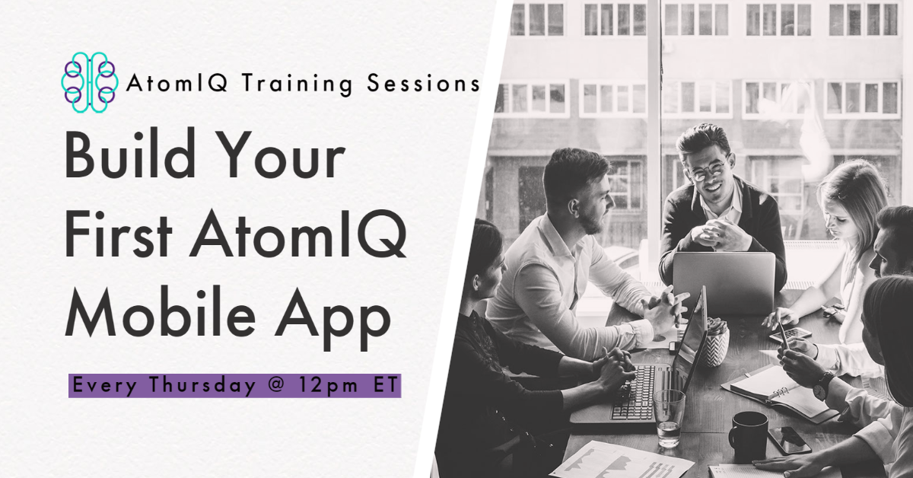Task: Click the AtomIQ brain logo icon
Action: pos(90,82)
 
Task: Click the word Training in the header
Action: pos(297,84)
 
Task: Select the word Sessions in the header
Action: pos(423,83)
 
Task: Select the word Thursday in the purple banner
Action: pos(197,386)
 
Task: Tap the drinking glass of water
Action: pos(669,418)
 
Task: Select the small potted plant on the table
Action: pos(717,342)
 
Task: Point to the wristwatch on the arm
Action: pos(823,385)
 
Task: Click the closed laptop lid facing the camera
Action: pos(724,282)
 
